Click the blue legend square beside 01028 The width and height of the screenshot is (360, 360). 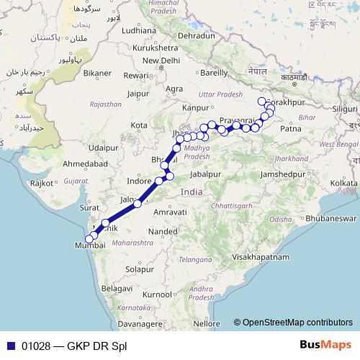coord(10,346)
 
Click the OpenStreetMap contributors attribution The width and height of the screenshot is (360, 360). coord(297,323)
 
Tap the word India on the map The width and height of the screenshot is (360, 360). coord(192,192)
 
